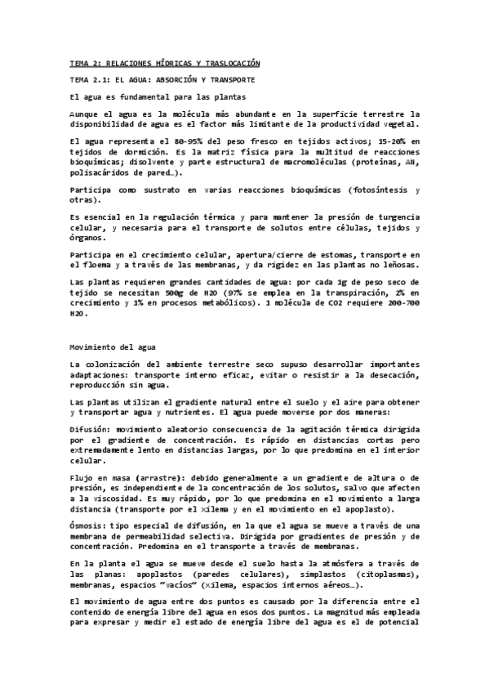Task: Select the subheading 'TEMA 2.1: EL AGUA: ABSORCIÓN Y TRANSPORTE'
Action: (162, 80)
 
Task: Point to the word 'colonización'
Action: (117, 364)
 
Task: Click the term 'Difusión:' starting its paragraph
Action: (91, 428)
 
